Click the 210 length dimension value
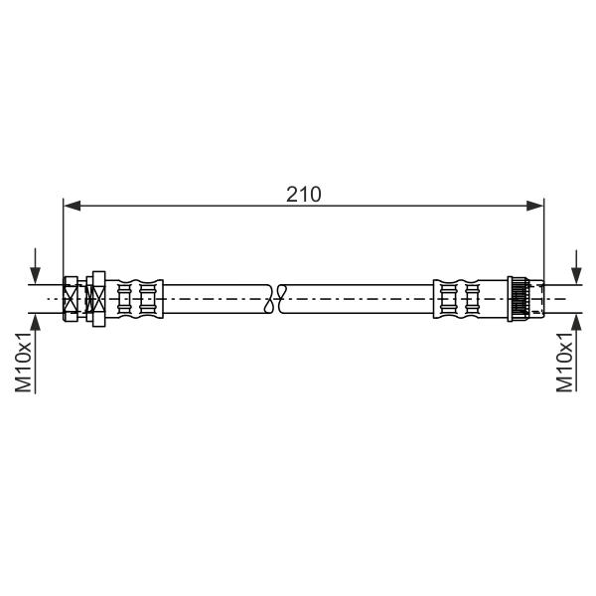pyautogui.click(x=303, y=195)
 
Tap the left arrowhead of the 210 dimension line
pyautogui.click(x=72, y=206)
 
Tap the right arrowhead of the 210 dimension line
pyautogui.click(x=534, y=206)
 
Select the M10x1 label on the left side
pyautogui.click(x=23, y=362)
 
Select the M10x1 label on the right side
pyautogui.click(x=564, y=362)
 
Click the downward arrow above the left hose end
pyautogui.click(x=35, y=266)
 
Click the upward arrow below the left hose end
pyautogui.click(x=35, y=354)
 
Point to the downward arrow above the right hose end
pyautogui.click(x=576, y=267)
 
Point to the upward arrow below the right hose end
pyautogui.click(x=576, y=353)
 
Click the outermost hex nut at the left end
pyautogui.click(x=71, y=299)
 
